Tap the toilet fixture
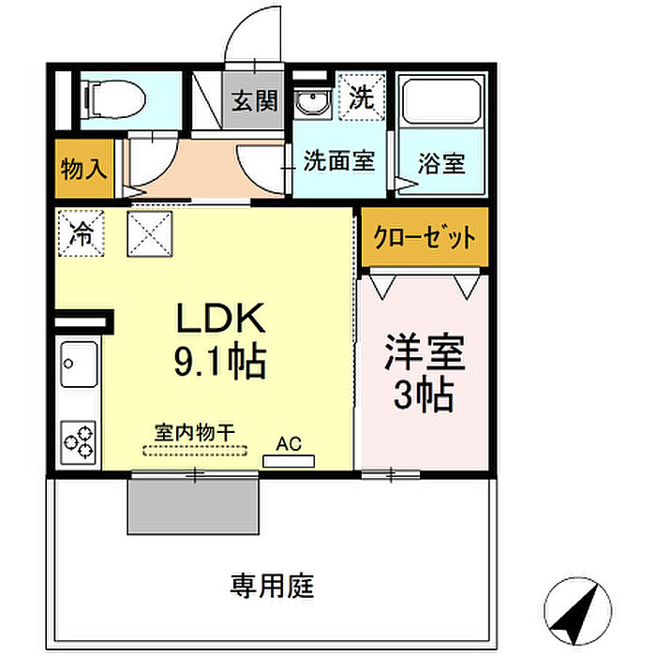pyautogui.click(x=111, y=97)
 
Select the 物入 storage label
pyautogui.click(x=83, y=170)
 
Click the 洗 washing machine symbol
pyautogui.click(x=362, y=95)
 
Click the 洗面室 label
pyautogui.click(x=338, y=161)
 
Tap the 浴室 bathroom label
pyautogui.click(x=440, y=162)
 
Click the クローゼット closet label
pyautogui.click(x=425, y=237)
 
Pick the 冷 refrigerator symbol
pyautogui.click(x=82, y=234)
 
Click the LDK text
pyautogui.click(x=223, y=320)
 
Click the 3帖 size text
pyautogui.click(x=424, y=395)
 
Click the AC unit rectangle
pyautogui.click(x=288, y=460)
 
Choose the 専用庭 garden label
pyautogui.click(x=272, y=588)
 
